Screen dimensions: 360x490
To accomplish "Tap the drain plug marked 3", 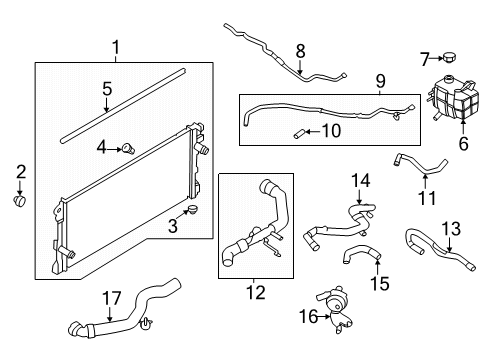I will point(193,211).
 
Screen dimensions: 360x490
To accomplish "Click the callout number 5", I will point(107,89).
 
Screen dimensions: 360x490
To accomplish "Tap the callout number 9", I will point(380,80).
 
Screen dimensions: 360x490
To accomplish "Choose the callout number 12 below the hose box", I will point(255,292).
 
